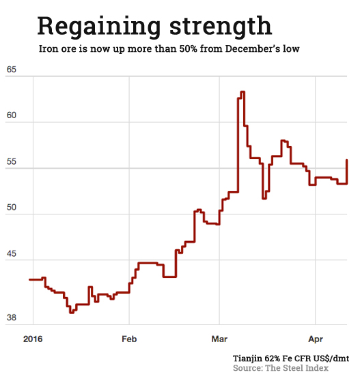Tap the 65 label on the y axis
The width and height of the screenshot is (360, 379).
pos(12,70)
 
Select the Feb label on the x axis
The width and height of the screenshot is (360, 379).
pos(130,338)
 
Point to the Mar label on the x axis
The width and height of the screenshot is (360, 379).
pos(219,338)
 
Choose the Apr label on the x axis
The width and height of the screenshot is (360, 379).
pos(315,338)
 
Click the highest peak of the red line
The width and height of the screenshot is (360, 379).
pos(243,92)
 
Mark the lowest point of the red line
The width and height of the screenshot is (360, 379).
pos(71,312)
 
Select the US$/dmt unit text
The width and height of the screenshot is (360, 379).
pos(329,358)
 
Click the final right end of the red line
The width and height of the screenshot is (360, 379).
pos(348,160)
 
